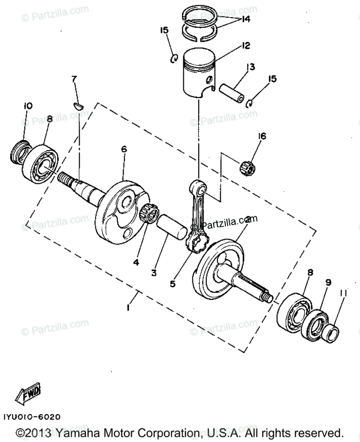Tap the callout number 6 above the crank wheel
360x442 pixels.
point(123,149)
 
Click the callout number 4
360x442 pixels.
point(136,262)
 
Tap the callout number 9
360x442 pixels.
point(328,283)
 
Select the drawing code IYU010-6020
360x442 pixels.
point(32,417)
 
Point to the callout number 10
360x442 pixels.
point(28,106)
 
